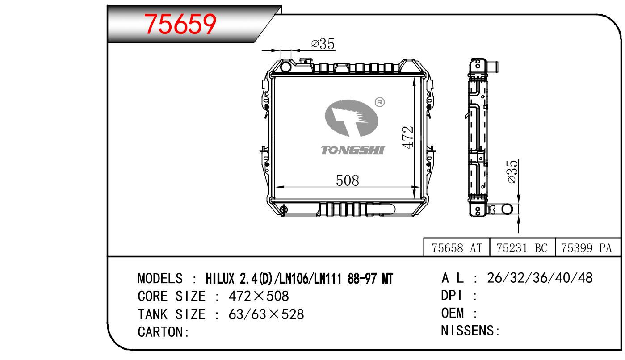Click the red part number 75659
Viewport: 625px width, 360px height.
pos(180,24)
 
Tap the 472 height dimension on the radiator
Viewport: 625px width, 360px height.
pos(407,137)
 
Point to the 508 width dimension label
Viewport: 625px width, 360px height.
pos(348,180)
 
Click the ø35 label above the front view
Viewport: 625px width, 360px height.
pos(323,44)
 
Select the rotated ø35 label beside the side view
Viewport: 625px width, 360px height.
pos(512,172)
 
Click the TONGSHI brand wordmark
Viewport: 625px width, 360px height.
pos(352,150)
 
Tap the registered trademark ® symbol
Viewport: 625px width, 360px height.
pos(379,102)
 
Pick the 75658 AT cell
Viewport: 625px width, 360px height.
pos(457,248)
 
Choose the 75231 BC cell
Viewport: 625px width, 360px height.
pos(522,248)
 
